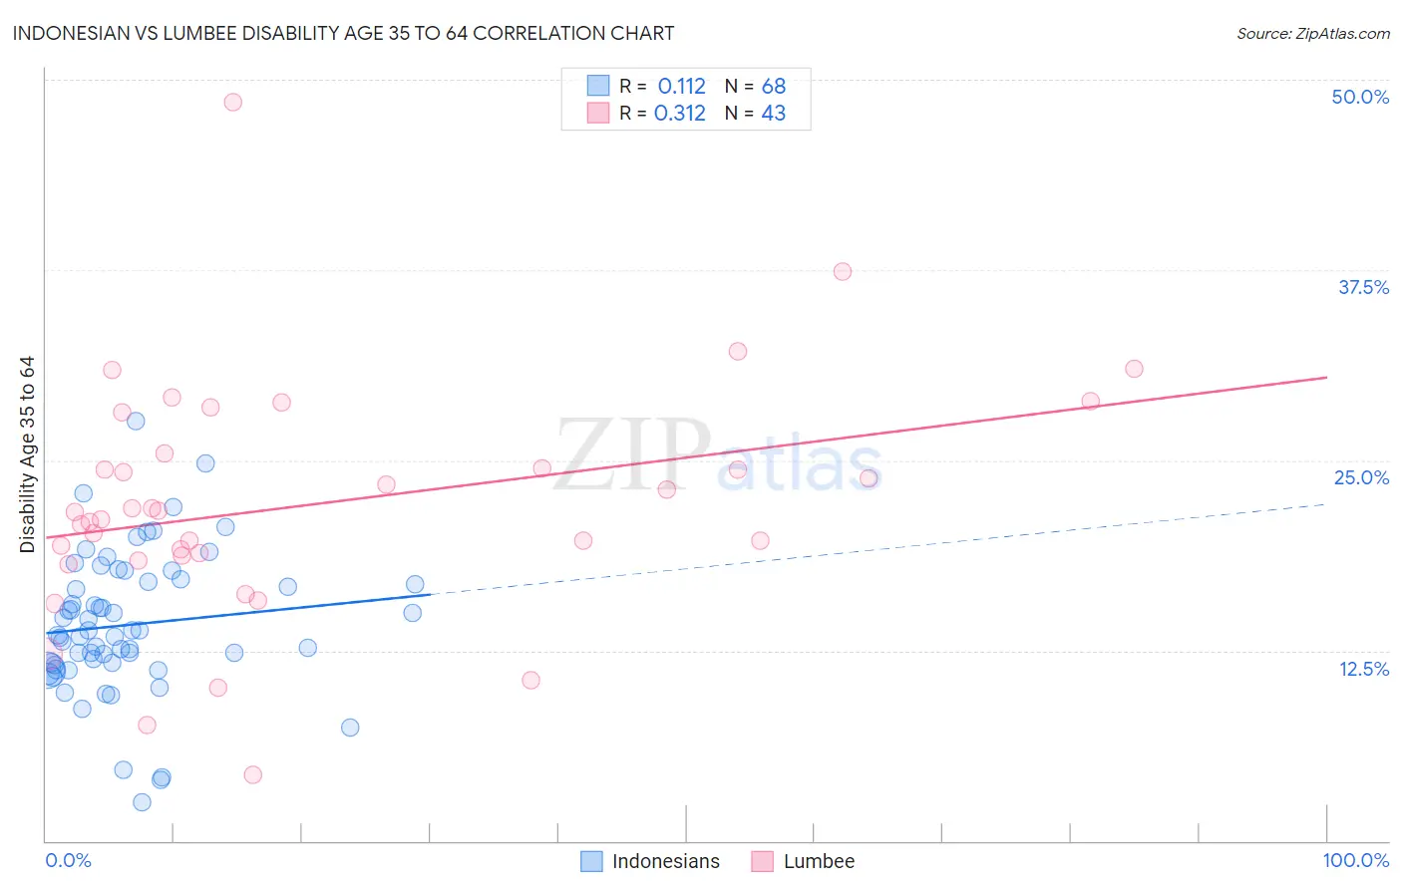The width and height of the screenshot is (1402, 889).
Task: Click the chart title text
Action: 343,33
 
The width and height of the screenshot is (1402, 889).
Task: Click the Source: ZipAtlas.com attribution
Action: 1312,33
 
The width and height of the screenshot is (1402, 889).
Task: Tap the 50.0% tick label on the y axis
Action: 1360,97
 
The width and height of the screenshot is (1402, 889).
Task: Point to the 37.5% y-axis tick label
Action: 1363,287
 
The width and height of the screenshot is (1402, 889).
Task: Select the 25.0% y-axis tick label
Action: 1361,477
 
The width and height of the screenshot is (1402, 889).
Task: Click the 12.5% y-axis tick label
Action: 1363,669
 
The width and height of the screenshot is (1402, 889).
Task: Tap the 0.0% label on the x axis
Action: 68,860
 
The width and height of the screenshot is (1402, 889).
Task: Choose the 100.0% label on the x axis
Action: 1355,860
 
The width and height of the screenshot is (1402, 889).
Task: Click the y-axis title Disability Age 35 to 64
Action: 27,454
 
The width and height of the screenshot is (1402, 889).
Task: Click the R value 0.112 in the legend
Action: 681,87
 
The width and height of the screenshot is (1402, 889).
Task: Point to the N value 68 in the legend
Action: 774,87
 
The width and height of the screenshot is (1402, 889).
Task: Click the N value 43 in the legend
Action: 774,114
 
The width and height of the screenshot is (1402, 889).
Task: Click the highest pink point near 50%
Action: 232,102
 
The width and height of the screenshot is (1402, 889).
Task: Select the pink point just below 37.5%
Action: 842,271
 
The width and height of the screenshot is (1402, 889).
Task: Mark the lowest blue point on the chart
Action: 142,802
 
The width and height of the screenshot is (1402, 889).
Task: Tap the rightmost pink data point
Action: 1133,369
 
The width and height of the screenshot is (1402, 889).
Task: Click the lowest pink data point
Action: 252,774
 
